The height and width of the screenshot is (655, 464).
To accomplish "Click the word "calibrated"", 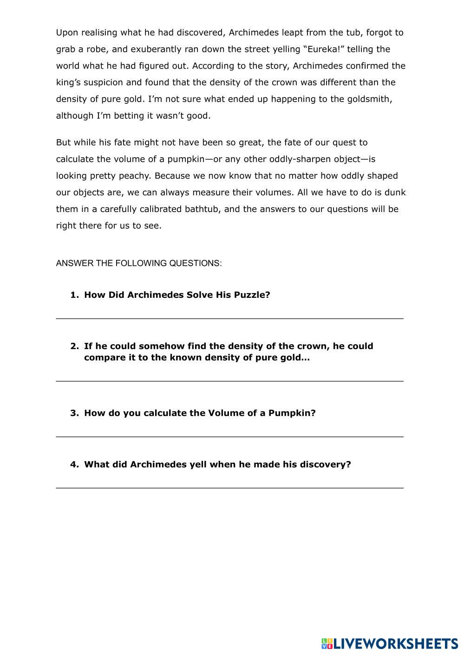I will point(157,209).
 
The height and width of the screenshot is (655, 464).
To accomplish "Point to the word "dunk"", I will point(395,193).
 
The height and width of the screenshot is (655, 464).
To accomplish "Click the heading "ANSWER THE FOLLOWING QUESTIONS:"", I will point(139,263).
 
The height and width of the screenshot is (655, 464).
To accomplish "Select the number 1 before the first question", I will point(73,295).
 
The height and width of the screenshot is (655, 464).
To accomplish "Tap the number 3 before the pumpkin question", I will point(73,413).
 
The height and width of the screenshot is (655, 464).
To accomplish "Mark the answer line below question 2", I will point(229,381).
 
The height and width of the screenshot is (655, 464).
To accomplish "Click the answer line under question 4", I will point(229,488).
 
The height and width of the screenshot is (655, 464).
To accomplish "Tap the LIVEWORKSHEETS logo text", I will point(396,643).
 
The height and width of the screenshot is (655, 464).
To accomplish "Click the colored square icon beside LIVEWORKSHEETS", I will point(327,643).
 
